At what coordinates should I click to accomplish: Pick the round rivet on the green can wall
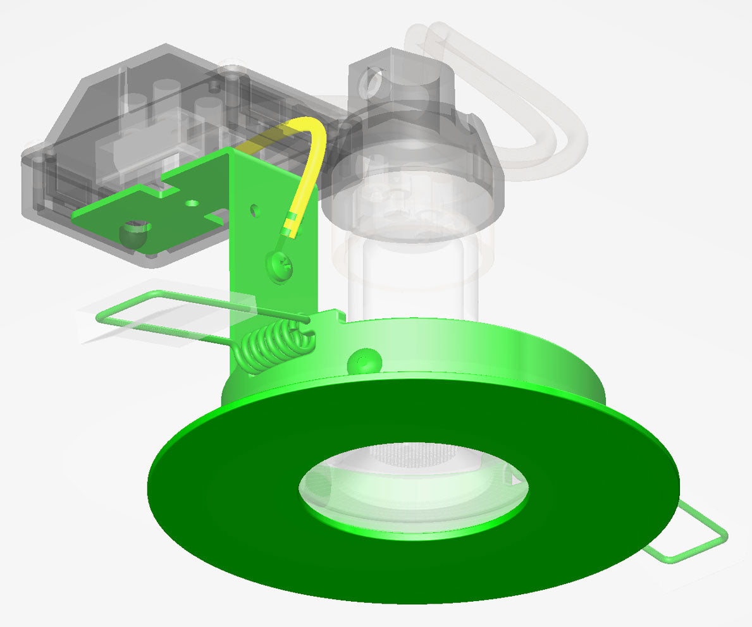[x=364, y=361]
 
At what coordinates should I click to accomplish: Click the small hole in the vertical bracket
[x=255, y=209]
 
